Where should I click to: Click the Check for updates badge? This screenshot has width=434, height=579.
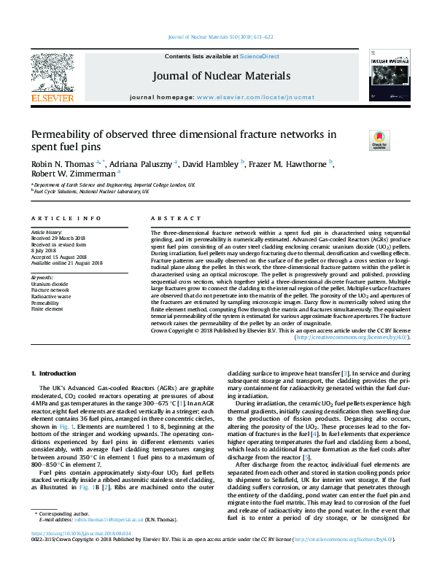379,140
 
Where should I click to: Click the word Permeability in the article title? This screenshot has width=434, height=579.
61,134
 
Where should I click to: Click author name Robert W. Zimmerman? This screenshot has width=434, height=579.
72,174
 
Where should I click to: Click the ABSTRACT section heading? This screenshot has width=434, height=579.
171,219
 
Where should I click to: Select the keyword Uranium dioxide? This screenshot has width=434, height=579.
50,284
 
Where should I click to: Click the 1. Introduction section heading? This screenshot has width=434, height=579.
53,373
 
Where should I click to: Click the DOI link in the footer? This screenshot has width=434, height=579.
71,554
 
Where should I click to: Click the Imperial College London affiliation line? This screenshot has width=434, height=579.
114,186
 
